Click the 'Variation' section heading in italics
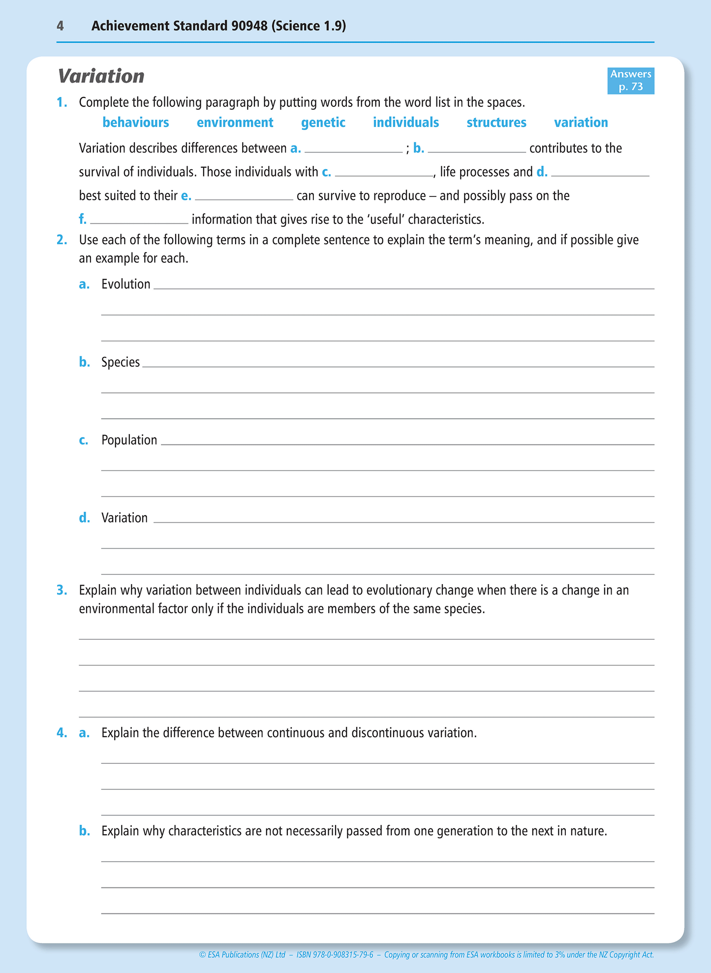[x=101, y=76]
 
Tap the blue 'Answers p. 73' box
[x=630, y=81]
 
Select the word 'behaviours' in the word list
[x=135, y=123]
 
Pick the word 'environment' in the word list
[x=235, y=123]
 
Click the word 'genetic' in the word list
[x=323, y=123]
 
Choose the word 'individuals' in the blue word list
[x=405, y=123]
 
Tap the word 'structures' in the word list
[x=496, y=123]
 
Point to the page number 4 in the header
[x=60, y=26]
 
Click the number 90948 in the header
[x=249, y=26]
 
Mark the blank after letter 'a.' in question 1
[x=353, y=149]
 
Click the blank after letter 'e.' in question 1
[x=244, y=196]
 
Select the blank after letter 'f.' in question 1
[x=139, y=220]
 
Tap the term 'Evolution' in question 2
[x=125, y=284]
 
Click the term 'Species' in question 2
[x=121, y=362]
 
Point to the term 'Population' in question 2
[x=129, y=440]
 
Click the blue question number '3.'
[x=62, y=590]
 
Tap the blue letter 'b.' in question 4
[x=84, y=831]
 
